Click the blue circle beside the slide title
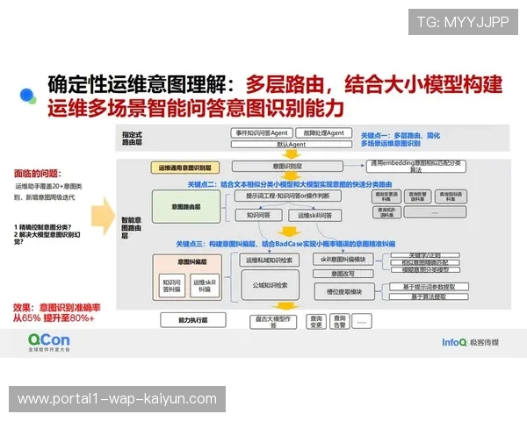pyautogui.click(x=27, y=94)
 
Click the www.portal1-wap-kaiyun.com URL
pyautogui.click(x=117, y=399)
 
